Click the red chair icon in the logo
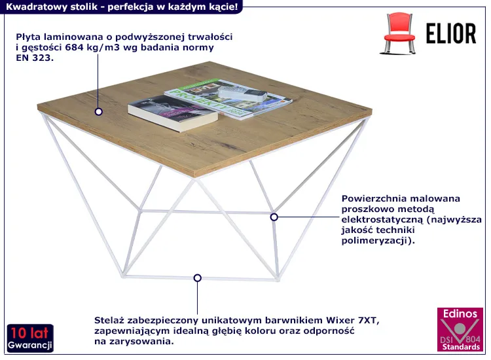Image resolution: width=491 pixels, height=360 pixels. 399,33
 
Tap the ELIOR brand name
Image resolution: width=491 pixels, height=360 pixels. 451,33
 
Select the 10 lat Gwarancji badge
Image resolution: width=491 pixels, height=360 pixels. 30,338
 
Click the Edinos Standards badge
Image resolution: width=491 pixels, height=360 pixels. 460,329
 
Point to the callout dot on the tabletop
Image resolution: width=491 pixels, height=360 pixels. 99,111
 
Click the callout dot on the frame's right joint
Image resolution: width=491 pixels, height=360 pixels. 274,217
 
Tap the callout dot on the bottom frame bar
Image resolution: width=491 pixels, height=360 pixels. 197,278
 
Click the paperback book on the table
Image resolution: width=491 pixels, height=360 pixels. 173,113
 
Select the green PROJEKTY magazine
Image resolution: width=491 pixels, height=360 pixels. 228,99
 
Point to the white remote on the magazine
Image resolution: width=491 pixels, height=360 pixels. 242,94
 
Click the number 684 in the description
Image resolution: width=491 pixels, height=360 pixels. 73,48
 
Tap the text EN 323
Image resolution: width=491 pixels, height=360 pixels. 35,58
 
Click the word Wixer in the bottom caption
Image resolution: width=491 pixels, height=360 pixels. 339,320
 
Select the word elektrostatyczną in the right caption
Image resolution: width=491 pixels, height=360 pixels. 382,219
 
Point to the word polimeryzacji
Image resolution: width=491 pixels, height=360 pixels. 375,241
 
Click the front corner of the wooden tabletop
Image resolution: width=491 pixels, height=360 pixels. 195,177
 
